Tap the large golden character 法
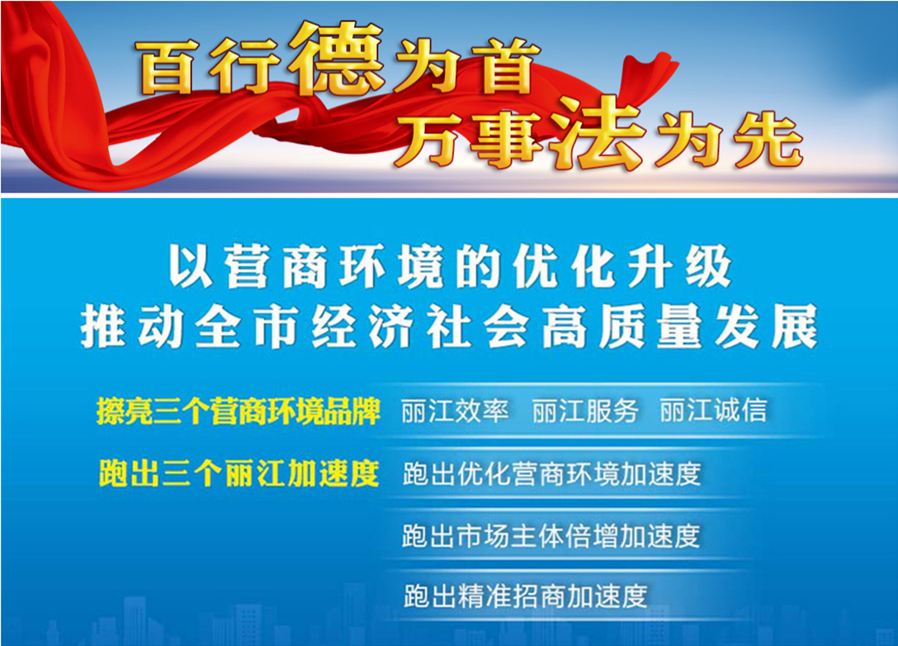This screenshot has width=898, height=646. [599, 133]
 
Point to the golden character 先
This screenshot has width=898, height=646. [768, 140]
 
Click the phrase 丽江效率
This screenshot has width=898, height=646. [455, 411]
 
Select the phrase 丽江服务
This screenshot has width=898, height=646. [584, 411]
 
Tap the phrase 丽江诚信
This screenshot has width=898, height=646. [713, 411]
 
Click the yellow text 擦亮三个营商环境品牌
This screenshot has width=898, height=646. [239, 411]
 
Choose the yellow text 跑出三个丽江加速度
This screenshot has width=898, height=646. [239, 473]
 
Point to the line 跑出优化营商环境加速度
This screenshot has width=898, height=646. [551, 473]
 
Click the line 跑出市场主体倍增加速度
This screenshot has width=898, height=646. [551, 536]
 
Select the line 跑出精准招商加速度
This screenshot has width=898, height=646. [525, 596]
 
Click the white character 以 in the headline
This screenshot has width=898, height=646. [191, 267]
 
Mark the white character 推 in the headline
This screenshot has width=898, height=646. [103, 327]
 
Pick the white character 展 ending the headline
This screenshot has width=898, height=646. [794, 327]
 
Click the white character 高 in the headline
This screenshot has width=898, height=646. [564, 327]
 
